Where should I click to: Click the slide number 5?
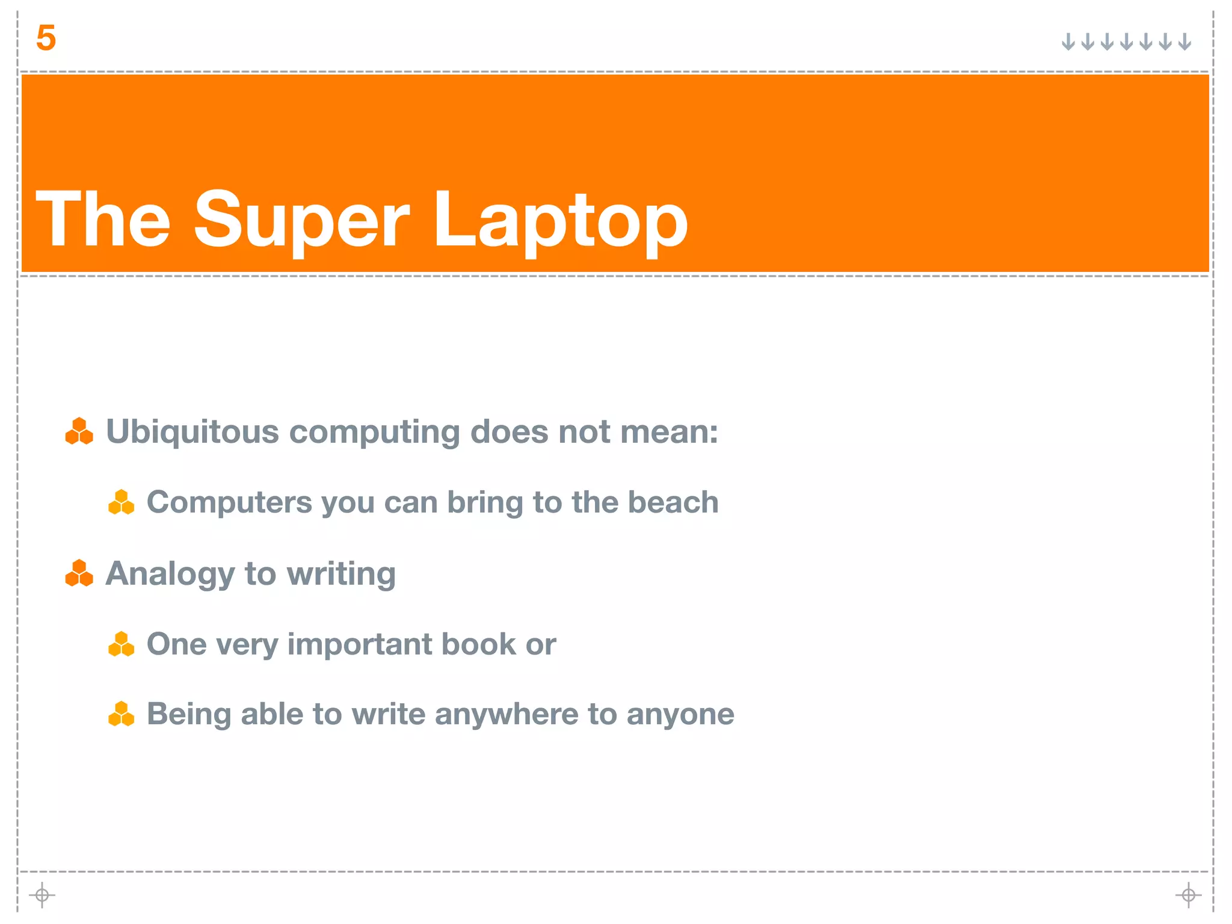point(46,38)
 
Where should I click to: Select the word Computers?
point(229,502)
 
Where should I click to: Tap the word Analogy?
point(170,574)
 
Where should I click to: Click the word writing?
point(341,574)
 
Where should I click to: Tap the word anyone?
point(680,714)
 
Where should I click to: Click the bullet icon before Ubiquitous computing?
point(79,431)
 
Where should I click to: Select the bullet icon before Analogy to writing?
point(79,573)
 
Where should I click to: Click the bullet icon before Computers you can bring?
point(121,502)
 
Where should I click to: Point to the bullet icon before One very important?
point(121,644)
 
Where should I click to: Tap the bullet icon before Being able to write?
point(121,714)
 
